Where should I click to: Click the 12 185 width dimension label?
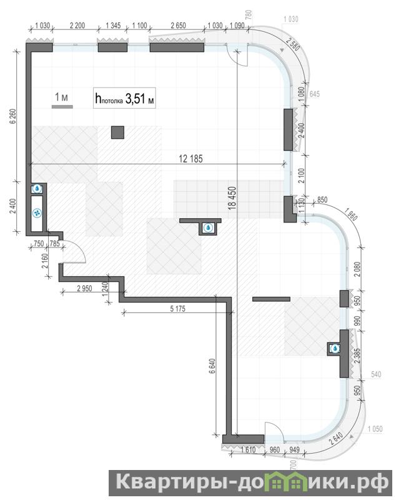pyautogui.click(x=191, y=159)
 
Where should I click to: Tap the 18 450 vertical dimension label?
pyautogui.click(x=232, y=198)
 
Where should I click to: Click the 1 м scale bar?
pyautogui.click(x=62, y=106)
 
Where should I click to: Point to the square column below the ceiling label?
pyautogui.click(x=117, y=132)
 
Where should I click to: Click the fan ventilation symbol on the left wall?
pyautogui.click(x=37, y=212)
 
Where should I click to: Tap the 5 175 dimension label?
pyautogui.click(x=177, y=309)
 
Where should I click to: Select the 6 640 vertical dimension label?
pyautogui.click(x=212, y=366)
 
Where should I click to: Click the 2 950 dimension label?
pyautogui.click(x=84, y=289)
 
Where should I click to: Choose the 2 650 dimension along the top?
pyautogui.click(x=178, y=26)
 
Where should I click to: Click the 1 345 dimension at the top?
pyautogui.click(x=113, y=26)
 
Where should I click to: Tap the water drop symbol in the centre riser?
pyautogui.click(x=209, y=227)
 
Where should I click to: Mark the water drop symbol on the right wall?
pyautogui.click(x=335, y=349)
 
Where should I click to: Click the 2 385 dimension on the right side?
pyautogui.click(x=357, y=356)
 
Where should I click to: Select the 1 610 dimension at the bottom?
pyautogui.click(x=249, y=450)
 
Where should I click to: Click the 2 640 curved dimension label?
pyautogui.click(x=337, y=439)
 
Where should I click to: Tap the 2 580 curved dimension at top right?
pyautogui.click(x=293, y=44)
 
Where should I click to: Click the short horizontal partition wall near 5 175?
pyautogui.click(x=271, y=299)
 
